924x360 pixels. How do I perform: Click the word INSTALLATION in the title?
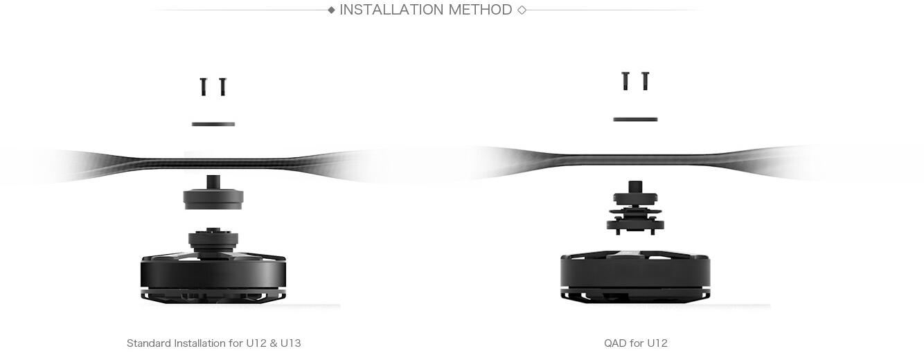[391, 10]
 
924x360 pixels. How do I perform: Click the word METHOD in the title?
[480, 10]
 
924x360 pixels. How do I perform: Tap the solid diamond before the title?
[331, 10]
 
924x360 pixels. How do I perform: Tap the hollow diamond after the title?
[522, 10]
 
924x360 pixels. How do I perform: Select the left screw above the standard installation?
[203, 87]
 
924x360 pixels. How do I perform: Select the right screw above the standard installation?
[223, 87]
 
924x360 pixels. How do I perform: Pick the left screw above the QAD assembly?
[625, 81]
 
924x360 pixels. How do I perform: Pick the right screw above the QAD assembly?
[646, 81]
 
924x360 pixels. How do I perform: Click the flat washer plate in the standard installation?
[213, 124]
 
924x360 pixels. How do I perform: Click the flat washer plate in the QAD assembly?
[635, 120]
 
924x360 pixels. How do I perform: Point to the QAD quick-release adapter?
[635, 208]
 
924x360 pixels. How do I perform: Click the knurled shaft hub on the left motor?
[213, 240]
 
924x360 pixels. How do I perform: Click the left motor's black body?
[213, 276]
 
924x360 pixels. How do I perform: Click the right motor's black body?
[635, 276]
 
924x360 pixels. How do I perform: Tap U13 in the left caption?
[290, 343]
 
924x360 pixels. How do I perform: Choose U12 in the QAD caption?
[657, 343]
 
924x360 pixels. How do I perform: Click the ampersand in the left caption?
[274, 343]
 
